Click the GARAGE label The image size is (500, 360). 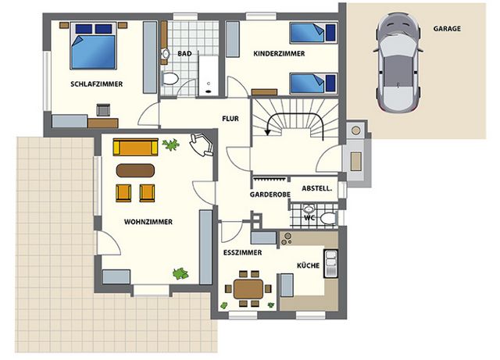447,29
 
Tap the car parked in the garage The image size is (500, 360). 398,62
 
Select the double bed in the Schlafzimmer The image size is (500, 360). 93,45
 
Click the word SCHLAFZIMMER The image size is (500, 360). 97,84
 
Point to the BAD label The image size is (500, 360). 184,54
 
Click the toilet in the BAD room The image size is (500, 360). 170,78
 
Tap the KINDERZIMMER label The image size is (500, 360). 279,54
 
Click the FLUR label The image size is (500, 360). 230,119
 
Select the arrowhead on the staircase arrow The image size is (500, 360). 267,131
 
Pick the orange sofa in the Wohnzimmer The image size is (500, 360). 135,147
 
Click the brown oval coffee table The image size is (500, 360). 135,170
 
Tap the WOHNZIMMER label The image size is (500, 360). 148,222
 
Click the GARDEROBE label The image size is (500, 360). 270,194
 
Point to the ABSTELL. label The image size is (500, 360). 317,188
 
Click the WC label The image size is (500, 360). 309,218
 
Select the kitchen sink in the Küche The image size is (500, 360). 330,263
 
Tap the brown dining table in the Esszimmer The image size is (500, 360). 248,289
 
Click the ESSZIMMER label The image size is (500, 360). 243,253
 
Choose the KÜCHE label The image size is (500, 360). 309,266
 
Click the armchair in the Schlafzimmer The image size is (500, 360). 103,110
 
